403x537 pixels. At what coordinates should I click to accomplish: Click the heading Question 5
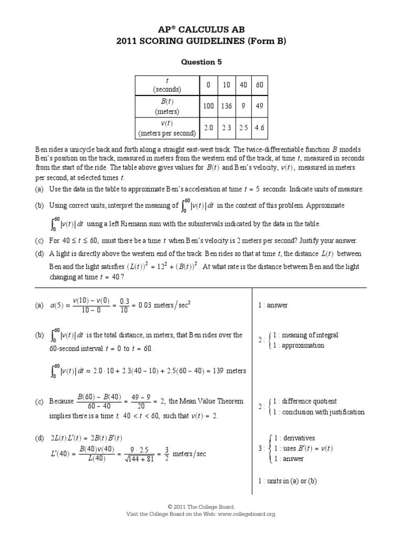pyautogui.click(x=201, y=62)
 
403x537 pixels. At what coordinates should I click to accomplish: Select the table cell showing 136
pyautogui.click(x=227, y=106)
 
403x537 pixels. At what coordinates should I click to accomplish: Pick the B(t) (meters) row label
pyautogui.click(x=167, y=106)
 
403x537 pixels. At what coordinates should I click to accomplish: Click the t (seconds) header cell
pyautogui.click(x=167, y=85)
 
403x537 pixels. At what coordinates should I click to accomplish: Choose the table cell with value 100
pyautogui.click(x=208, y=106)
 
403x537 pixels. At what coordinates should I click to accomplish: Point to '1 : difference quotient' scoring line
pyautogui.click(x=305, y=401)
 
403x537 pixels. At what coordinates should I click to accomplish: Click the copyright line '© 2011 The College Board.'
pyautogui.click(x=201, y=507)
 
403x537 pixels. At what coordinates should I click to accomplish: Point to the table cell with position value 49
pyautogui.click(x=259, y=106)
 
